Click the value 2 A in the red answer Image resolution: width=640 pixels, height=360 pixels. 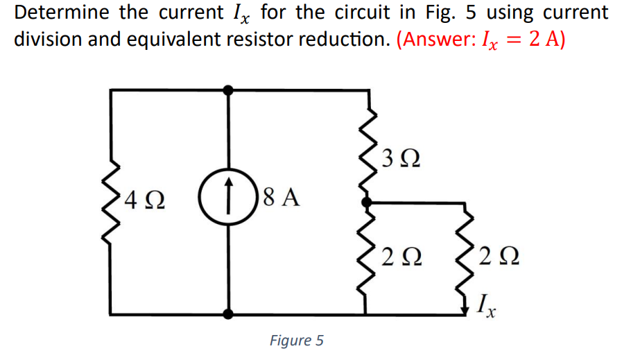[x=545, y=39]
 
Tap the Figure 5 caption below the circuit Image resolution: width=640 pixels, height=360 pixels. [x=296, y=341]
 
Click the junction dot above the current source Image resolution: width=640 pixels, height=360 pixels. [x=227, y=89]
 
